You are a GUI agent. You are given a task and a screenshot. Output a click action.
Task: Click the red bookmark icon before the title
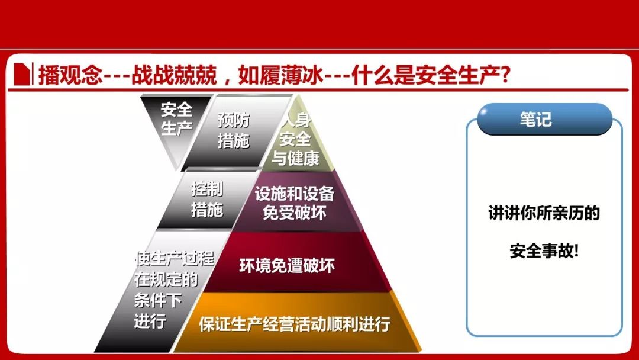(x=22, y=74)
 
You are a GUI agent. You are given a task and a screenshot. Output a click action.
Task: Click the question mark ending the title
(x=505, y=75)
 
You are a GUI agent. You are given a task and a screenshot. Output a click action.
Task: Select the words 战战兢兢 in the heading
(x=174, y=75)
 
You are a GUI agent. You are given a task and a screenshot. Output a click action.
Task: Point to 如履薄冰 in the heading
(x=281, y=75)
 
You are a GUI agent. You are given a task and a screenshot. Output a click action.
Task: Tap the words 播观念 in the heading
(x=70, y=75)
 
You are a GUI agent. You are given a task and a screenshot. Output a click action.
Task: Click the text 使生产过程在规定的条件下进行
(x=175, y=290)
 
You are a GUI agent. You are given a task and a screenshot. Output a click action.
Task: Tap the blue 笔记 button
(x=544, y=119)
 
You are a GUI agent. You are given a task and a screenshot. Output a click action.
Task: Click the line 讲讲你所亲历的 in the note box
(x=544, y=213)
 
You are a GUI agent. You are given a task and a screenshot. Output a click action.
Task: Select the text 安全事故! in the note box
(x=544, y=250)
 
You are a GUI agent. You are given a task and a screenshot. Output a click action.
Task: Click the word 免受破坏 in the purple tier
(x=294, y=213)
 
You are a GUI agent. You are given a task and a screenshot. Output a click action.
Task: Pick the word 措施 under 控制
(x=207, y=210)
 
